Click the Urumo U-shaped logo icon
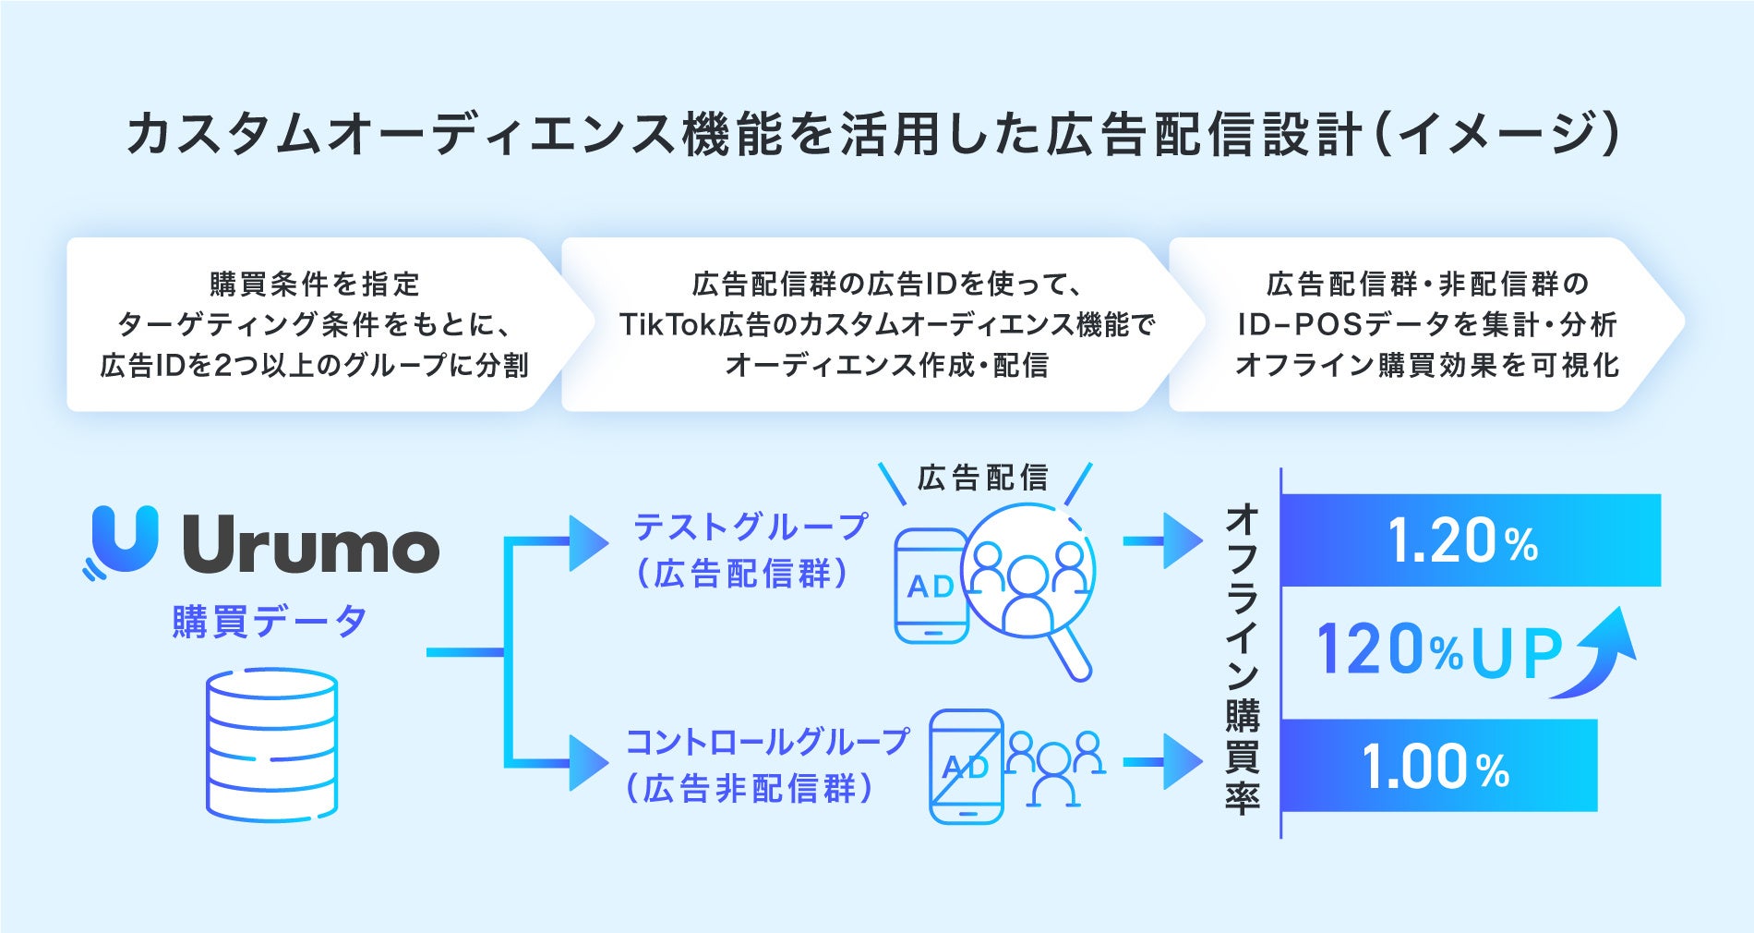coord(125,539)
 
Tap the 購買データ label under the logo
coord(269,622)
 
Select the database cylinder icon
coord(271,745)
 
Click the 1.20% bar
coord(1470,540)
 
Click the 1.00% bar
coord(1438,766)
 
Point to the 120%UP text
coord(1438,650)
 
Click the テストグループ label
coord(750,527)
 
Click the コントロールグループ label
coord(766,742)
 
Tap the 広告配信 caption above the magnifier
coord(983,478)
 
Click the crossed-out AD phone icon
coord(966,766)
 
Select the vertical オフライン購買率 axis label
coord(1243,658)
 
